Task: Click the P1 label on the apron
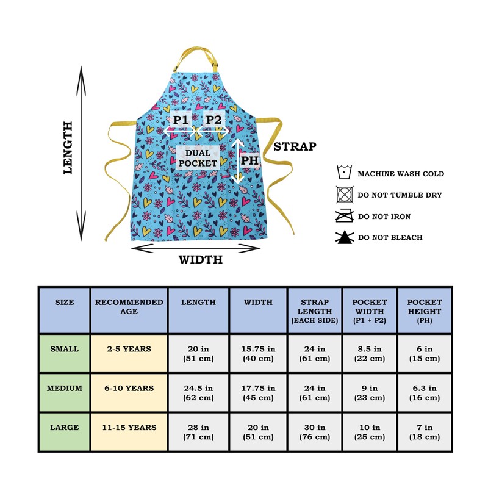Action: click(180, 120)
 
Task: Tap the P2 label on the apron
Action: click(213, 120)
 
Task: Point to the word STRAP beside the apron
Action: click(295, 146)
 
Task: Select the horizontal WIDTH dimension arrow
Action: click(196, 247)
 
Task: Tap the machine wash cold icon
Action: click(345, 173)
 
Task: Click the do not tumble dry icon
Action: click(345, 195)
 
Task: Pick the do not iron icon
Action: click(345, 216)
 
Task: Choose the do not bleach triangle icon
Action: click(345, 237)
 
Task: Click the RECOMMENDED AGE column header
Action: click(129, 307)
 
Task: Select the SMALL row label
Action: click(64, 350)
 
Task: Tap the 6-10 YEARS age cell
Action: click(129, 388)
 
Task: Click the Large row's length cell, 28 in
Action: click(198, 432)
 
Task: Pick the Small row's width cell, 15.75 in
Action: click(258, 354)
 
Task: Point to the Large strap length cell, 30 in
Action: click(315, 432)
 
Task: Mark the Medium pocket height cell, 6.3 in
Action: click(424, 393)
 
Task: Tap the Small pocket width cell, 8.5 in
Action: click(370, 354)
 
